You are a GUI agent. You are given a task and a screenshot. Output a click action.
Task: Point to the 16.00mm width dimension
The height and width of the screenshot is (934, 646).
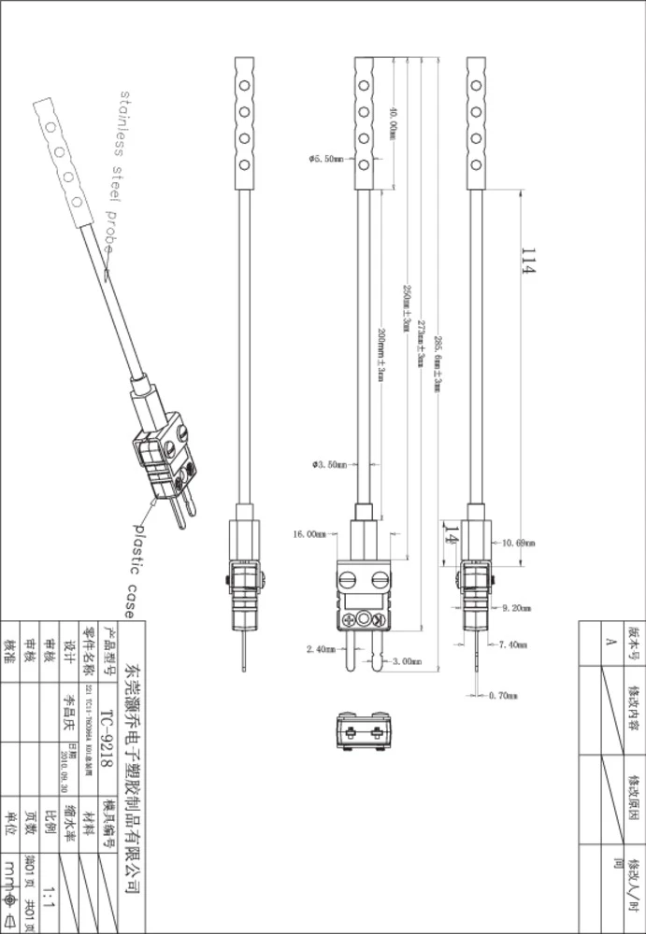(309, 535)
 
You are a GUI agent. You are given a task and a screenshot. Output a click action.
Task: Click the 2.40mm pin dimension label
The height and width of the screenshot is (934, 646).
(321, 648)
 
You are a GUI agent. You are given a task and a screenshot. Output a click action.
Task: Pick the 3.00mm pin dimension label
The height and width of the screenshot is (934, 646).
(406, 661)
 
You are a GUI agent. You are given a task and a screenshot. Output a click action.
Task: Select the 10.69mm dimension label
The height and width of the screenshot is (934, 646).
(518, 543)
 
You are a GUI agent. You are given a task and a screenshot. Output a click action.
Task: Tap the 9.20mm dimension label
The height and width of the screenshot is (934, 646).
(517, 608)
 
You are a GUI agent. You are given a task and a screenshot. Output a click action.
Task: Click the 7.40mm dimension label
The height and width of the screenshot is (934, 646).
(513, 644)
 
